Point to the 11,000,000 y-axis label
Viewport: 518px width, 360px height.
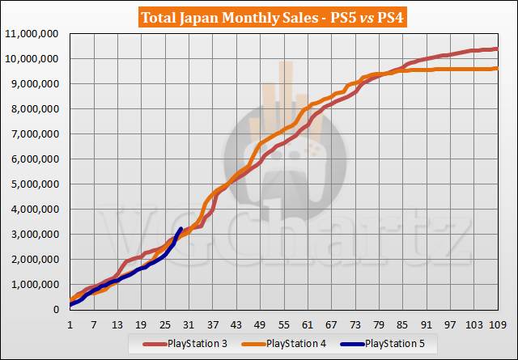(33, 34)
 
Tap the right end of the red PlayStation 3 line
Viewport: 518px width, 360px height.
(496, 49)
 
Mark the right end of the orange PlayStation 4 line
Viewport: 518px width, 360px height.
(496, 69)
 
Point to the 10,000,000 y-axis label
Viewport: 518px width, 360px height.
(33, 59)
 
